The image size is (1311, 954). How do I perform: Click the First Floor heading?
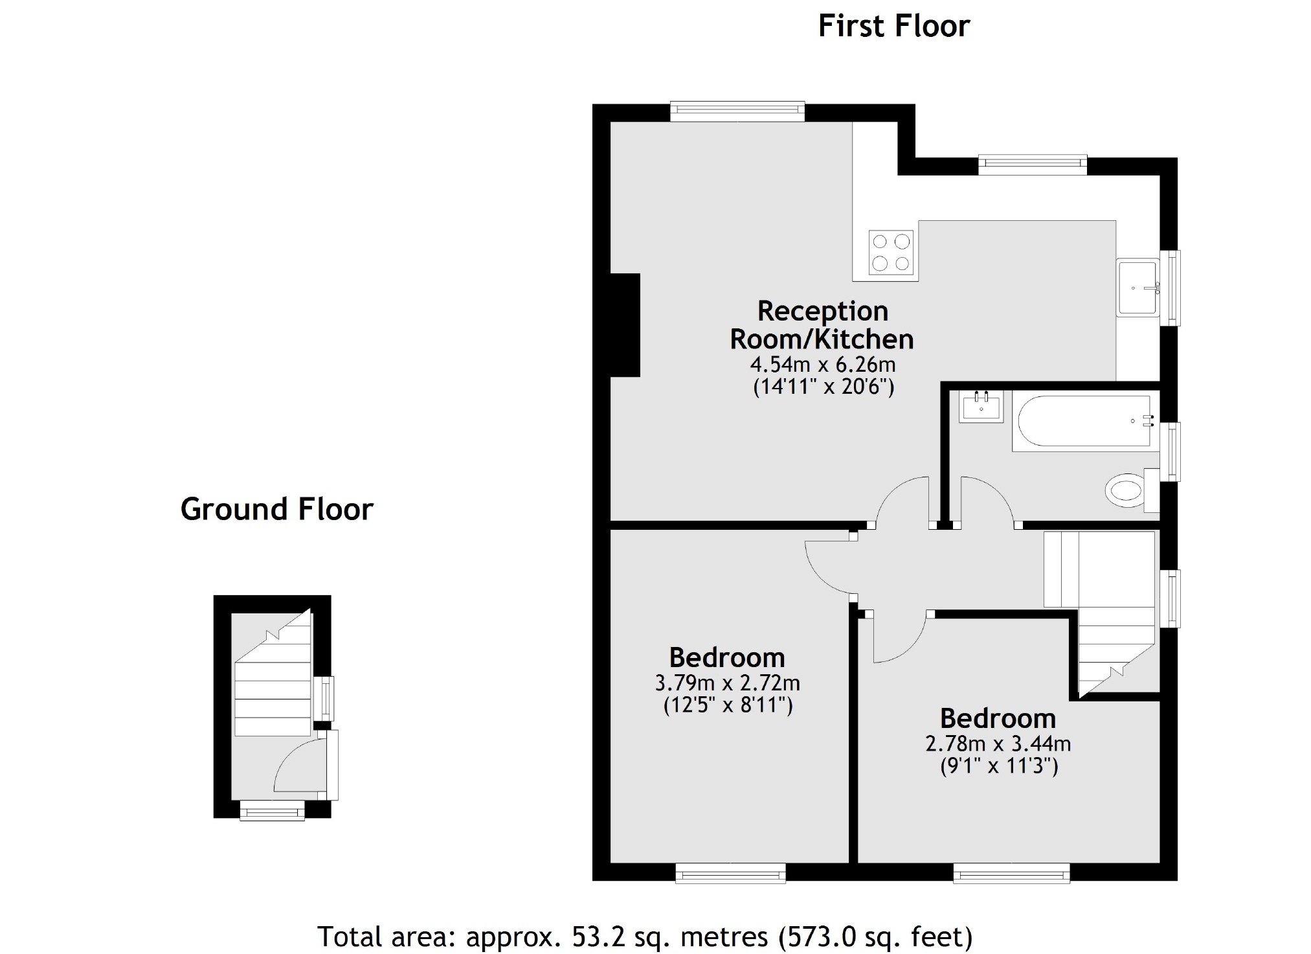click(893, 27)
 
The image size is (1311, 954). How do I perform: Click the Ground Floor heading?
click(276, 509)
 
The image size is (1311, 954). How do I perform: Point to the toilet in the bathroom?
click(1127, 490)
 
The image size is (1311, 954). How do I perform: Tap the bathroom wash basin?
click(981, 407)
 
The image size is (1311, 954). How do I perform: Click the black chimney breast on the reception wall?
click(625, 324)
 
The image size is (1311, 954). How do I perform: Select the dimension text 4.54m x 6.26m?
click(822, 364)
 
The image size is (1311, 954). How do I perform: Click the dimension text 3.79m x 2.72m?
click(727, 683)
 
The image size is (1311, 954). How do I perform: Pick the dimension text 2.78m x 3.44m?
click(998, 743)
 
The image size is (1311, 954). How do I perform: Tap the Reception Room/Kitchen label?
click(822, 325)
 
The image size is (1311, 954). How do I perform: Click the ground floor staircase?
click(273, 687)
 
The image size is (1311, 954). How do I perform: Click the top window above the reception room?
click(737, 111)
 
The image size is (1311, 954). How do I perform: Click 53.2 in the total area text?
click(595, 937)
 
